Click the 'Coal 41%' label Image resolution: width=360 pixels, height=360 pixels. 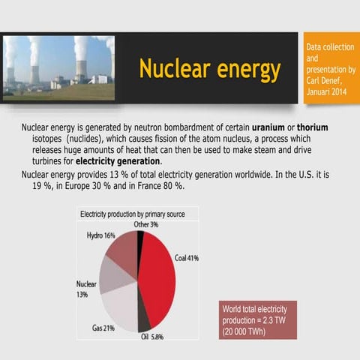coord(187,257)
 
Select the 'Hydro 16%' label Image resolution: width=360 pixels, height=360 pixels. coord(100,235)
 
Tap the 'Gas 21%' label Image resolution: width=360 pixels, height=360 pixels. coord(103,328)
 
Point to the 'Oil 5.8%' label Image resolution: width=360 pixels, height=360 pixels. coord(152,337)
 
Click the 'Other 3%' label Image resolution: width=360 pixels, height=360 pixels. coord(145,224)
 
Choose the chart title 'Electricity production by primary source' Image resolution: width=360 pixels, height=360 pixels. coord(133,214)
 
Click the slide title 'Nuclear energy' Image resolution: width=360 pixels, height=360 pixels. coord(209,70)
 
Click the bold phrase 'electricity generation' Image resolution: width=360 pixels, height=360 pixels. coord(118,161)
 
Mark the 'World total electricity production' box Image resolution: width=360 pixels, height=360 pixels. coord(259,321)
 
